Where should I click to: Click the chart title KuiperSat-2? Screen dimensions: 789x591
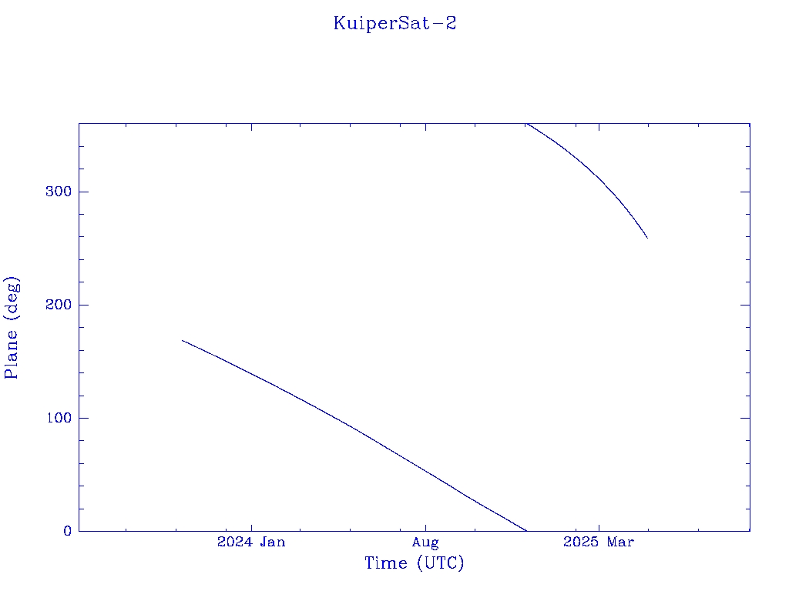(394, 24)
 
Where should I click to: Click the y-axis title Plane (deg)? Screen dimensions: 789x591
(12, 328)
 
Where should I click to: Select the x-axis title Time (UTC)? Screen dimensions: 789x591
(414, 563)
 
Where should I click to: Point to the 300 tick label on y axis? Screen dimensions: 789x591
(59, 192)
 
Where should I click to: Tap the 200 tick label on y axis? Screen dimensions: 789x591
(59, 305)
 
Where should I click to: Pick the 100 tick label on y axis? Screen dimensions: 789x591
(59, 418)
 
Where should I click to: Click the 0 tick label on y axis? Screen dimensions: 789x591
(68, 531)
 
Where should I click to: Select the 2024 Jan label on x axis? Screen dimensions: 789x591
(251, 542)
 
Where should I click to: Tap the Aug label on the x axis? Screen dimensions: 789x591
(425, 543)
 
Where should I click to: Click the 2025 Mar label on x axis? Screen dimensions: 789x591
(598, 542)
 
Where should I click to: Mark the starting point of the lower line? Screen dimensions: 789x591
(182, 341)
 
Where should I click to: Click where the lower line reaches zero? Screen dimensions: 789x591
(525, 530)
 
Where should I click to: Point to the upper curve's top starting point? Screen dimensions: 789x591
(526, 124)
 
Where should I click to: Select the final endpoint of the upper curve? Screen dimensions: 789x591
(647, 239)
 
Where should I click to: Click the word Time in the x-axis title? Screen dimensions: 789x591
(386, 563)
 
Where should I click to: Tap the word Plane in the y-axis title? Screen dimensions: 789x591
(11, 354)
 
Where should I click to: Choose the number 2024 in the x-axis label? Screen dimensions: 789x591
(234, 542)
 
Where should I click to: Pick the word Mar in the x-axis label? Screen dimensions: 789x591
(620, 542)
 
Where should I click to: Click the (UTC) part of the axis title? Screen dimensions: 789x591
(440, 563)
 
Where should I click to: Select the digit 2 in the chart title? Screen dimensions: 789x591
(450, 23)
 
